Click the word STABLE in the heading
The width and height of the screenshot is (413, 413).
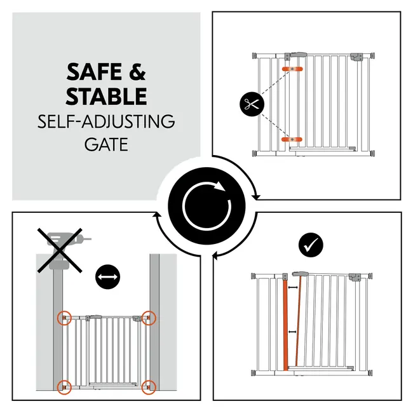point(106,96)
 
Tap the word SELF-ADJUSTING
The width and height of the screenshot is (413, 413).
point(106,121)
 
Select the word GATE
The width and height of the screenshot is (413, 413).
point(106,144)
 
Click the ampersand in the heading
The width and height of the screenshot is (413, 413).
point(137,72)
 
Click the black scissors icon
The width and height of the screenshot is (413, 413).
point(252,104)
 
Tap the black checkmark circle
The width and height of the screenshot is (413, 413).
point(311,245)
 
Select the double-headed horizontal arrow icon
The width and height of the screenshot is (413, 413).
point(107,277)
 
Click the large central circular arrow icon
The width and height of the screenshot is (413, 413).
point(207,206)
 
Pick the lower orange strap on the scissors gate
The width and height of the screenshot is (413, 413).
point(292,139)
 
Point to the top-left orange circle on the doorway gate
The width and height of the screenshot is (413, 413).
point(64,318)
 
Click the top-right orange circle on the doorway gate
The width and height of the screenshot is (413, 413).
point(149,318)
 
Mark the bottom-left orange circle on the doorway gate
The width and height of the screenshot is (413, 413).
point(64,387)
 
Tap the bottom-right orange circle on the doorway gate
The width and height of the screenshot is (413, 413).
point(149,387)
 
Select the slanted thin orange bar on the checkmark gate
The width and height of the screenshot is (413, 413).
point(299,321)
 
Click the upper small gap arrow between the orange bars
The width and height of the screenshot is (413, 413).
point(293,287)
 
